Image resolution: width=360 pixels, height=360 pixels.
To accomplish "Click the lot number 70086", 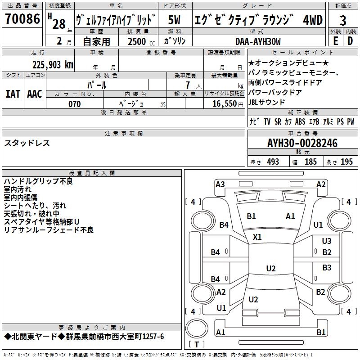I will tap(22, 19).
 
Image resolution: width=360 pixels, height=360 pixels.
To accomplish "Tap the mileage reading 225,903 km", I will tap(53, 64).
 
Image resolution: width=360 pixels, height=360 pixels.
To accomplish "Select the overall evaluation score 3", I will tap(343, 20).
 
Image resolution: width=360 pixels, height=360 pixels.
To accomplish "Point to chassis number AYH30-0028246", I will tap(302, 143).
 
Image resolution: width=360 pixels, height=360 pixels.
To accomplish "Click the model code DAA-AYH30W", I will tap(258, 41).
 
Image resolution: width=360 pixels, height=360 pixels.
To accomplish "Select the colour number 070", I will tap(74, 104).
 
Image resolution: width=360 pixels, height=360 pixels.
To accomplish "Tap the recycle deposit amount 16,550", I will tap(225, 104).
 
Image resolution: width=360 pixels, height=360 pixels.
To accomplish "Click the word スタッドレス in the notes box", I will tap(27, 143).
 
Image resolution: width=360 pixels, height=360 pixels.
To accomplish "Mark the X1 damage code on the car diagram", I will tap(257, 237).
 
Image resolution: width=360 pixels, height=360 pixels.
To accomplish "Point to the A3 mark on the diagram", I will tap(220, 184).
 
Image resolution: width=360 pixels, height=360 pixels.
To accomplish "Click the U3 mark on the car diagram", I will tap(327, 241).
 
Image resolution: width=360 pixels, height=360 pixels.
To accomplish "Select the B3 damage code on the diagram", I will tap(327, 268).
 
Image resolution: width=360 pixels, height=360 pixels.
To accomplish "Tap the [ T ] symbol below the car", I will tap(196, 345).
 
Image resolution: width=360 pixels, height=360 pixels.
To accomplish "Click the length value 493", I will tap(273, 162).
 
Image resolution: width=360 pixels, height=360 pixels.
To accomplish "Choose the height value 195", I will tap(346, 162).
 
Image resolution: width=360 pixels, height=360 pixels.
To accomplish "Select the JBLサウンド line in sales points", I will tap(266, 102).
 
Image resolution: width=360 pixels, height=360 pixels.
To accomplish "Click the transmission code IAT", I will tap(13, 94).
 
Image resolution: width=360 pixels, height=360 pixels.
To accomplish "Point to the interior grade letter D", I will tap(350, 41).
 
